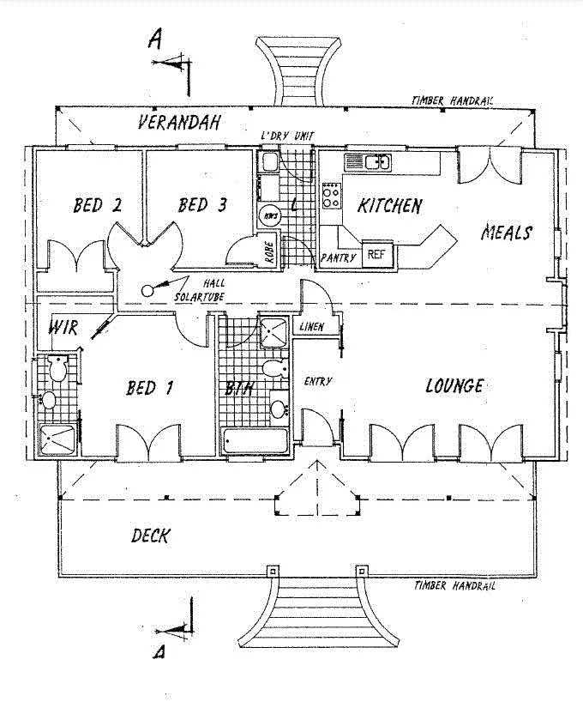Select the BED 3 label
(202, 205)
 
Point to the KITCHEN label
(389, 206)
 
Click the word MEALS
(506, 233)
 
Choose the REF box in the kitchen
(376, 254)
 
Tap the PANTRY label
(338, 257)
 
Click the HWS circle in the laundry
(270, 214)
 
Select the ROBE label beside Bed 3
(269, 254)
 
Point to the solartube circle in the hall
(147, 290)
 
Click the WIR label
(63, 327)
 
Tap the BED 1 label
(149, 388)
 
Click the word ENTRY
(318, 381)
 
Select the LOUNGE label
(454, 386)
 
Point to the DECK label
(150, 536)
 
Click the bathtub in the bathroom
(256, 441)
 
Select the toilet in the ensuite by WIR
(57, 369)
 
